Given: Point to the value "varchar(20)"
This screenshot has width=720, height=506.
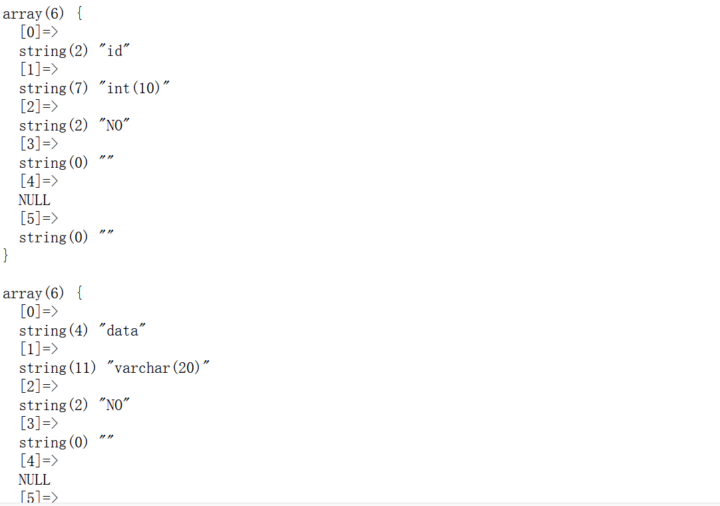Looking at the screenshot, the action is click(x=158, y=368).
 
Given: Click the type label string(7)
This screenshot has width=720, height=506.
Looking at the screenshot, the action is click(x=53, y=88).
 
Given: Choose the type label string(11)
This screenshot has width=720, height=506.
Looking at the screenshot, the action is click(x=57, y=368).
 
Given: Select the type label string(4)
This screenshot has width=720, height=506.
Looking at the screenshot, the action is click(x=53, y=330).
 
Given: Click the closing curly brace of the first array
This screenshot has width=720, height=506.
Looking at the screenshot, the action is click(x=6, y=255).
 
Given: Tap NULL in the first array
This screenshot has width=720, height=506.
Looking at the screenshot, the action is click(x=35, y=200).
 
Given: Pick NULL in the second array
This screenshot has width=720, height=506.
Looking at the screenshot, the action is click(x=35, y=479).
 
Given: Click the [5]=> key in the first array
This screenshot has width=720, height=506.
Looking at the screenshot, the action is click(x=39, y=218).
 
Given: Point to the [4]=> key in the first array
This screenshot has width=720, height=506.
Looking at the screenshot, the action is click(x=39, y=181).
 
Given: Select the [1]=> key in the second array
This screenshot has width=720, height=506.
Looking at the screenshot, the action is click(x=39, y=349).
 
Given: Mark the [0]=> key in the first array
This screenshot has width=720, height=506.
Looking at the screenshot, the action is click(x=39, y=32).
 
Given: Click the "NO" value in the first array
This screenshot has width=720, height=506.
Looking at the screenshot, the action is click(x=114, y=125).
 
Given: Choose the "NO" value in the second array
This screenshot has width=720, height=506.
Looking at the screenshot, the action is click(x=114, y=405).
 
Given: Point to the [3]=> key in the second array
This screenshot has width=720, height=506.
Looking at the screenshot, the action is click(x=39, y=423).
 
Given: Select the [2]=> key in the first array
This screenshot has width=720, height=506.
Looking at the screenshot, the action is click(x=39, y=107).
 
